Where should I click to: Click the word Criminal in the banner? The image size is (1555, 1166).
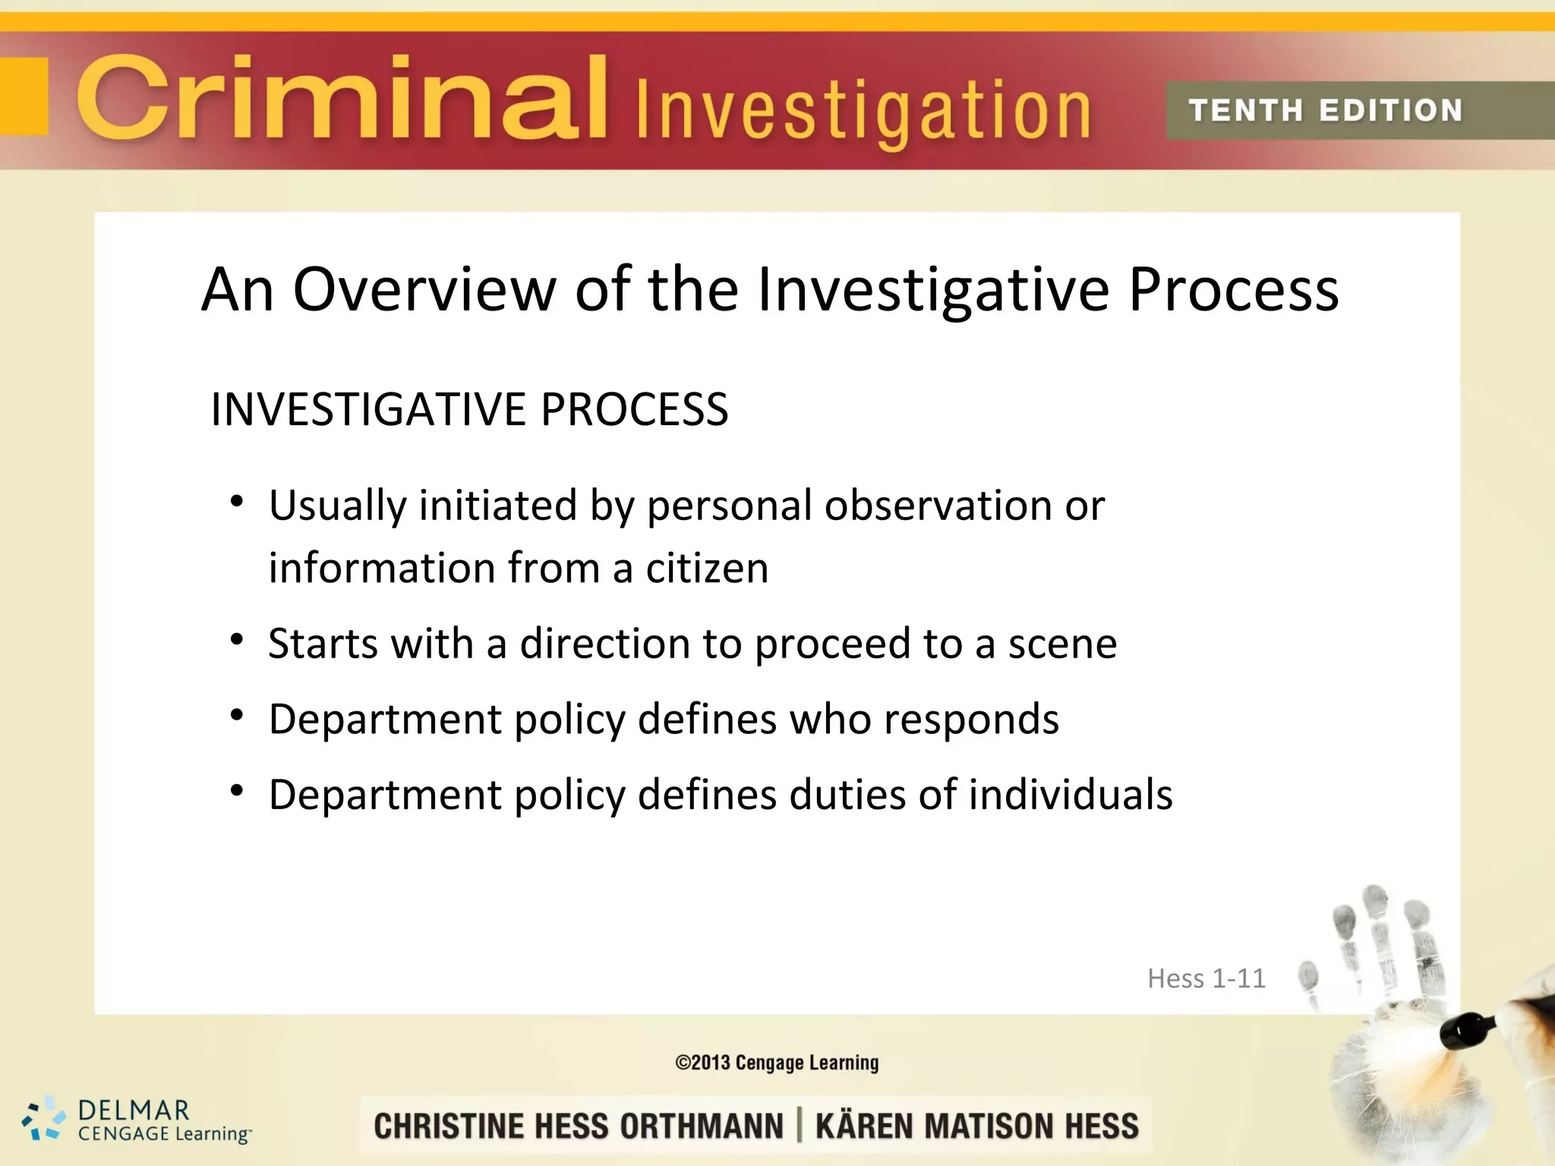342,99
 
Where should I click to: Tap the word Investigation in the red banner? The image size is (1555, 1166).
863,112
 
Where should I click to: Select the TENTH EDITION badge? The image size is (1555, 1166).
1326,111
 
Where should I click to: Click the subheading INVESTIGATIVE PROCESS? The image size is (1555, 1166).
469,409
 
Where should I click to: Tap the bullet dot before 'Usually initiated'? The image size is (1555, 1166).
237,501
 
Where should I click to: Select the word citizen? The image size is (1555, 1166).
707,568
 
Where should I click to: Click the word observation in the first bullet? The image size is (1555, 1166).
938,506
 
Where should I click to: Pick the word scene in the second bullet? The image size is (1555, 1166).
1062,644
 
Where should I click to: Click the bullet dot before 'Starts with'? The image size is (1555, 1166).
237,640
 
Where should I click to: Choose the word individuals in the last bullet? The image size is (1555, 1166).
1071,795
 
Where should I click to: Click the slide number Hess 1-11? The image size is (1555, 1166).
1206,978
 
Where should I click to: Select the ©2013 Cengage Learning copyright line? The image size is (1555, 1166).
777,1062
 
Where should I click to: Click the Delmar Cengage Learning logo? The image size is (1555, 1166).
137,1120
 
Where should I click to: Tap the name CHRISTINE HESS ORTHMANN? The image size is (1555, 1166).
579,1126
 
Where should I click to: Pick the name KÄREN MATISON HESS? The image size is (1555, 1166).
977,1126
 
